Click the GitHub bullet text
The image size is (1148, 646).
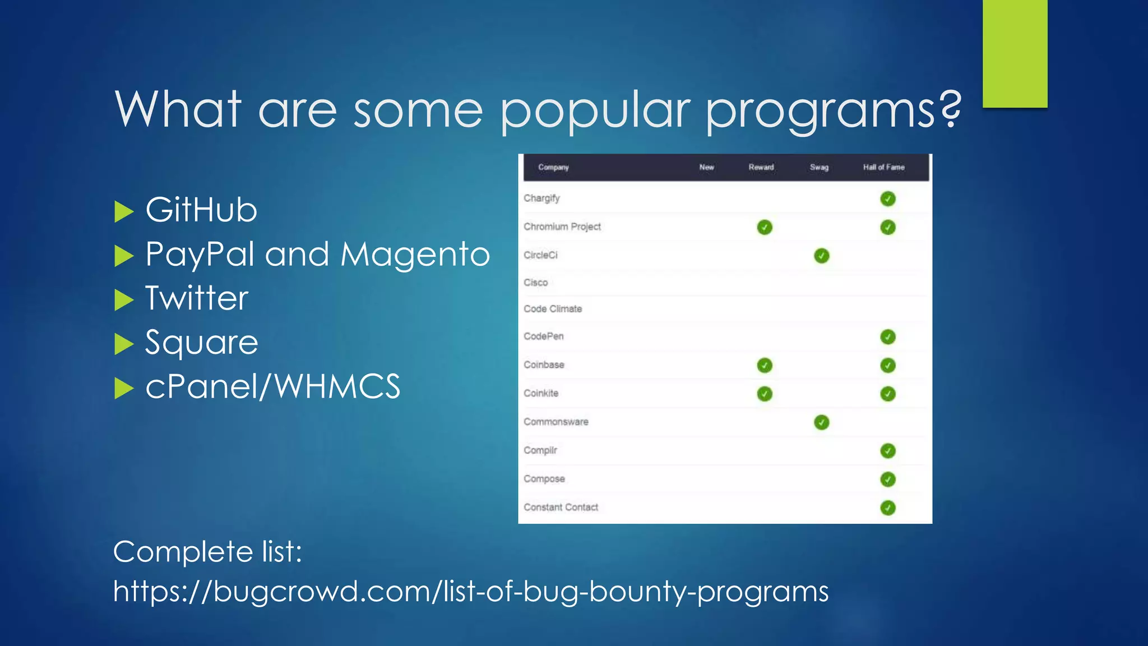pyautogui.click(x=201, y=210)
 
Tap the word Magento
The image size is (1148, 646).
pyautogui.click(x=415, y=254)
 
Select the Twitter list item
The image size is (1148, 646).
pyautogui.click(x=197, y=298)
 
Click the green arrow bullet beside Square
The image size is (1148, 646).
pyautogui.click(x=124, y=343)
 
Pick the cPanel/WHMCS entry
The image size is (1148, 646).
pyautogui.click(x=272, y=386)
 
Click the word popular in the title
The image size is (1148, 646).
pyautogui.click(x=595, y=110)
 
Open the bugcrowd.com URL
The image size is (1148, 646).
pyautogui.click(x=470, y=591)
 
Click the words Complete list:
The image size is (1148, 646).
pyautogui.click(x=207, y=552)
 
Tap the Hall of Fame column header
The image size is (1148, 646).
pyautogui.click(x=883, y=167)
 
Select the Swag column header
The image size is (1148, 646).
pyautogui.click(x=819, y=167)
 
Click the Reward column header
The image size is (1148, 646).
pyautogui.click(x=761, y=167)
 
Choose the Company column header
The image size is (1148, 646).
pyautogui.click(x=553, y=167)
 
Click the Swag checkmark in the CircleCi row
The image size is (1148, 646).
pyautogui.click(x=821, y=256)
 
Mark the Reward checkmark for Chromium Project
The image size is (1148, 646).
pyautogui.click(x=765, y=227)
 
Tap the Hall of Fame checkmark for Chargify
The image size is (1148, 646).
pyautogui.click(x=887, y=199)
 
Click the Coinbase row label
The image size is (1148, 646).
pyautogui.click(x=544, y=365)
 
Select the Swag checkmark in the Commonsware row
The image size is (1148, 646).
pyautogui.click(x=821, y=422)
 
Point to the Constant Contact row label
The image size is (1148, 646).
pyautogui.click(x=561, y=507)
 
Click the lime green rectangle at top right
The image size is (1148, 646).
pyautogui.click(x=1015, y=53)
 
